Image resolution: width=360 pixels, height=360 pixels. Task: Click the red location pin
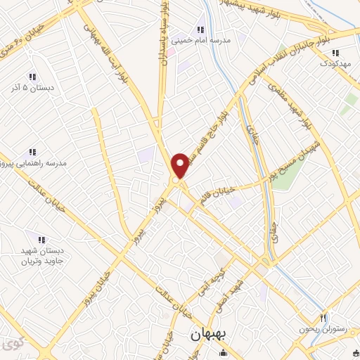click(181, 165)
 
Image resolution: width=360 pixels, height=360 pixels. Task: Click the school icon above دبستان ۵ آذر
click(32, 77)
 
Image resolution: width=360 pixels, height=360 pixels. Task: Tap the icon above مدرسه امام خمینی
click(200, 30)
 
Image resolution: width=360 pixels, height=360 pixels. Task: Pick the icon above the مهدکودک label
click(335, 53)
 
